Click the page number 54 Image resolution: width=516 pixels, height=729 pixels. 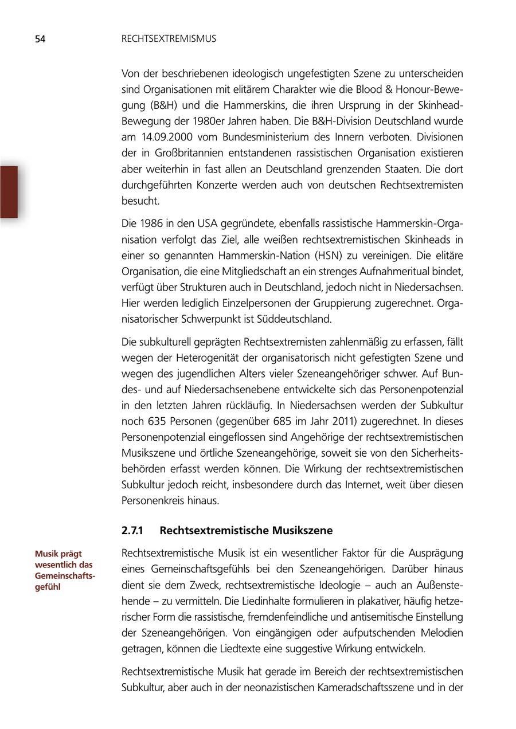40,39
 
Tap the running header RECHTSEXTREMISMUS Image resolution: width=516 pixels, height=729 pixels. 169,39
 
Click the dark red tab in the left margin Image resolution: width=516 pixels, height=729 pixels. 9,192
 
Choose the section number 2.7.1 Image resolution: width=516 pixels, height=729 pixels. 132,531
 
